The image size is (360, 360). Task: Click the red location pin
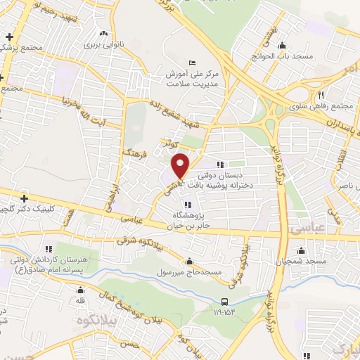[x=181, y=165]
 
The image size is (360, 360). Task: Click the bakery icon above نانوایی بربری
[x=103, y=33]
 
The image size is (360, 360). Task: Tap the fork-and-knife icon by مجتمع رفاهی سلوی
[x=319, y=95]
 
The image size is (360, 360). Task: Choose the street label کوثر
[x=166, y=143]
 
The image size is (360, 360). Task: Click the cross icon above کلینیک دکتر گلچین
[x=25, y=198]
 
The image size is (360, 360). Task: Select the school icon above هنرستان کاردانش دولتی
[x=48, y=248]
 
